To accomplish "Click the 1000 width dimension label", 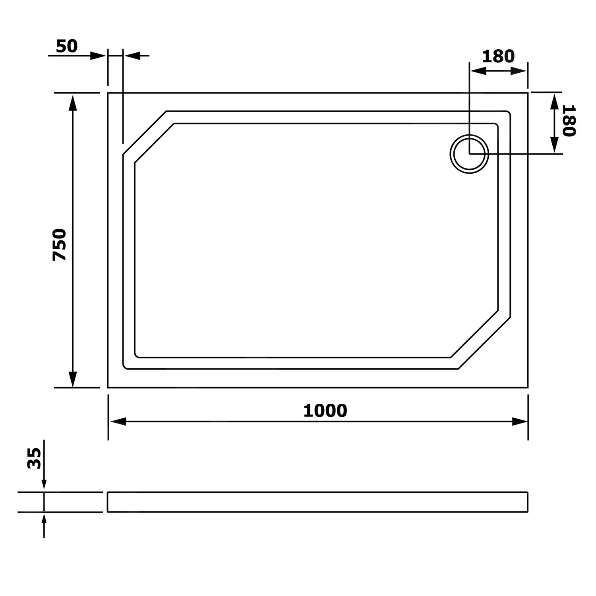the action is [325, 411].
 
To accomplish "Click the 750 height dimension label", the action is [60, 244].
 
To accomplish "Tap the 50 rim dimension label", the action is [67, 46].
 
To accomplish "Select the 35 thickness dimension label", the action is [35, 458].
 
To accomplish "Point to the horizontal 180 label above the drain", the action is [498, 56].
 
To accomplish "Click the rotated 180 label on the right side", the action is [569, 120].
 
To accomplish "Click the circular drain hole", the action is [469, 154].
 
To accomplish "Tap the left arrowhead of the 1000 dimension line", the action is [118, 422].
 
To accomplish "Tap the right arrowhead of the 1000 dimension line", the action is [519, 422].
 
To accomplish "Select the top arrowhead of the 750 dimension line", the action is [72, 102].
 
